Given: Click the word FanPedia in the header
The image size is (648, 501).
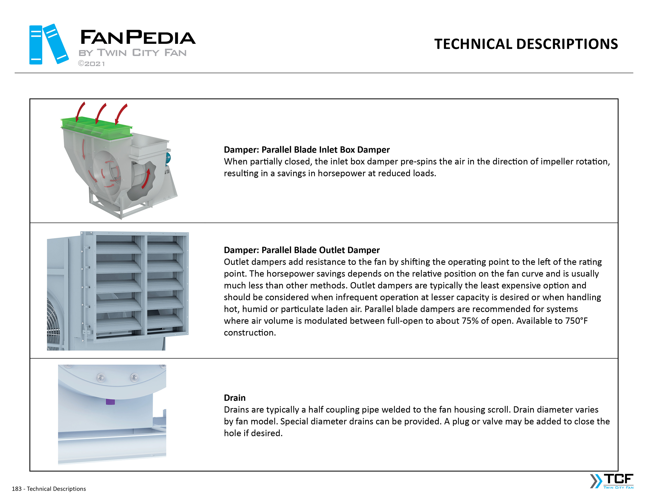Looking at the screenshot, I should pos(138,37).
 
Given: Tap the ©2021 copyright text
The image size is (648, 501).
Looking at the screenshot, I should pos(91,64).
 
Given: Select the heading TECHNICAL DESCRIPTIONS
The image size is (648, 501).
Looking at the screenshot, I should pos(526,44).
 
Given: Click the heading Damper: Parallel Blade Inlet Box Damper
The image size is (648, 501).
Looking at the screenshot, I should pos(307,150).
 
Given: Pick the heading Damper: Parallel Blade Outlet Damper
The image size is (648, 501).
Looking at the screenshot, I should pos(301,250).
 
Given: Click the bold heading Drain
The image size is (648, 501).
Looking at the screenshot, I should pos(234,398).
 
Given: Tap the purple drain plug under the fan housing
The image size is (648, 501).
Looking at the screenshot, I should pos(110,402).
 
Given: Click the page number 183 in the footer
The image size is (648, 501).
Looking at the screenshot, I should pos(17,489).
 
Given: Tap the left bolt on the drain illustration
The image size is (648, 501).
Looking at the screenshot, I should pos(101,378).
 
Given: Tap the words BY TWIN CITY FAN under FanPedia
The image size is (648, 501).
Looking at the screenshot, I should pos(132,53).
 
